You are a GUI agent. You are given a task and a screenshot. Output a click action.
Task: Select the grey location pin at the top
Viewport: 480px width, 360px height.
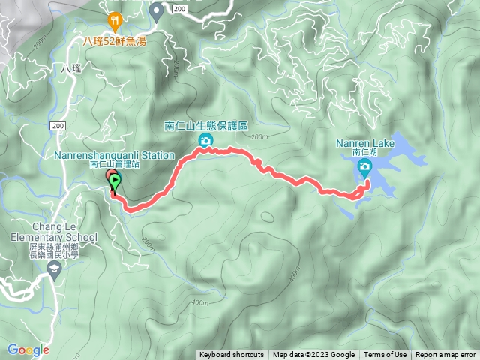pyautogui.click(x=156, y=10)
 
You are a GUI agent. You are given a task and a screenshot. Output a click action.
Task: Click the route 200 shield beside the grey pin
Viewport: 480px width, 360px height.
pyautogui.click(x=178, y=7)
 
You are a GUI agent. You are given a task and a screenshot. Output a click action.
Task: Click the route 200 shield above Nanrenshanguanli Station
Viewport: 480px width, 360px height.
pyautogui.click(x=59, y=127)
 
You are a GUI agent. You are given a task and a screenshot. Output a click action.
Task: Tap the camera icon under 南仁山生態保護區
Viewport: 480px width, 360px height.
pyautogui.click(x=204, y=141)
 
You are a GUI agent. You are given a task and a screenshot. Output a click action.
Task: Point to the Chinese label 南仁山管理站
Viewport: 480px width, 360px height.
pyautogui.click(x=114, y=164)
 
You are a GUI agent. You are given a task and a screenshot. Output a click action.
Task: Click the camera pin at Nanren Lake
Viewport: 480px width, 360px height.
pyautogui.click(x=366, y=169)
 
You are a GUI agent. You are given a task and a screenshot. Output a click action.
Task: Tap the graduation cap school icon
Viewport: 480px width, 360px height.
pyautogui.click(x=54, y=267)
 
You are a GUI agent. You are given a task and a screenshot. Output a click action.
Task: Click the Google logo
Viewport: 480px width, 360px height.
pyautogui.click(x=28, y=349)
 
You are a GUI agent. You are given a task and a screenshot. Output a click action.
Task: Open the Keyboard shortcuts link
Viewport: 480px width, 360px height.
pyautogui.click(x=231, y=355)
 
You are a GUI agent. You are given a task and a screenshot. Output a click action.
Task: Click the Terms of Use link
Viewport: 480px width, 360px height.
pyautogui.click(x=385, y=355)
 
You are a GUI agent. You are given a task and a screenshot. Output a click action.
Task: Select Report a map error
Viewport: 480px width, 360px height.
pyautogui.click(x=445, y=355)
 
